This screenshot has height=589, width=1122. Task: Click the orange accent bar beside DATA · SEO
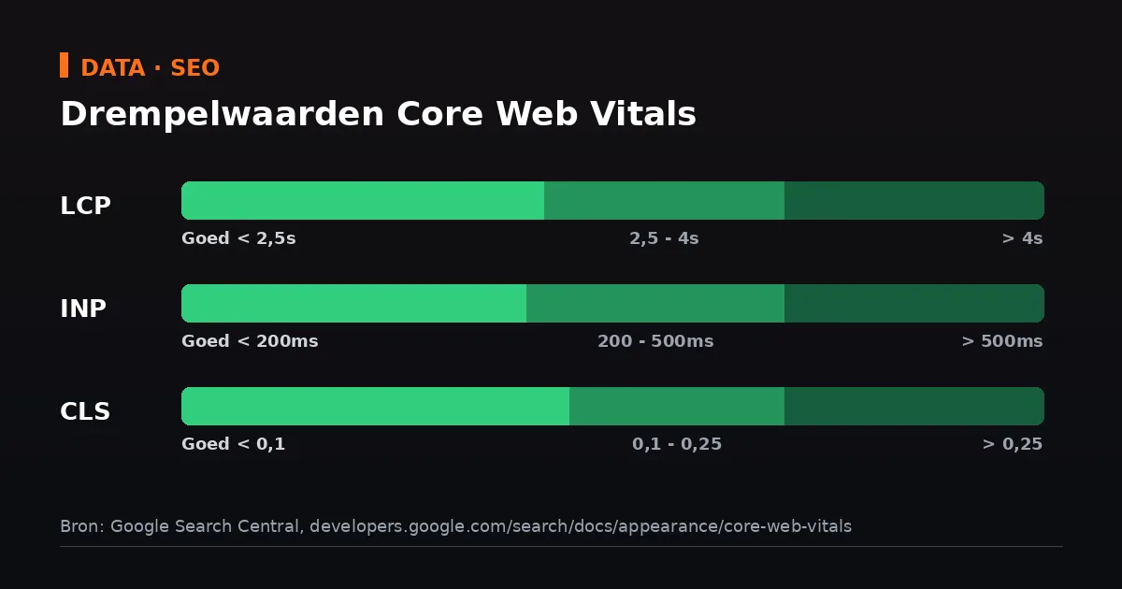(65, 65)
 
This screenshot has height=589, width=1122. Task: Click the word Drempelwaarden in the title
(222, 115)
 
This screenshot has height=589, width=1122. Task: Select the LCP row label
(85, 206)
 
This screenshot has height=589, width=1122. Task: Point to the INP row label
(83, 308)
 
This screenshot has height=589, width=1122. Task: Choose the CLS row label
(85, 411)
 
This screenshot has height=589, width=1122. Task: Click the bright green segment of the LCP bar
(363, 200)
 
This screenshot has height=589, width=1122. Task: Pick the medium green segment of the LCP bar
(664, 200)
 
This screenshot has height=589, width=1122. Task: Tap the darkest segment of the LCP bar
(914, 200)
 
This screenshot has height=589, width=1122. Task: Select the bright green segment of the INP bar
(353, 303)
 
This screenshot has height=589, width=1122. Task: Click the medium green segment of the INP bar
(655, 303)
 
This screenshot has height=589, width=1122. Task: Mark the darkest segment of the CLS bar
(914, 406)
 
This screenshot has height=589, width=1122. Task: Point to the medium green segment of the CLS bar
(677, 406)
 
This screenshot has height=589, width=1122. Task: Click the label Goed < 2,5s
(238, 238)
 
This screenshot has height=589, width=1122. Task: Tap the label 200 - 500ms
(655, 341)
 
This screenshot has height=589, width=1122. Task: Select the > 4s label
(1022, 238)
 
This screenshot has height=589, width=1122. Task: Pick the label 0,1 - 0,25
(677, 444)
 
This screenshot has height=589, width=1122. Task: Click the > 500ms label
(1002, 341)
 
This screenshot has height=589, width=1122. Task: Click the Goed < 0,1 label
(234, 444)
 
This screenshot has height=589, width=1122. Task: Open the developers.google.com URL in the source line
(581, 526)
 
